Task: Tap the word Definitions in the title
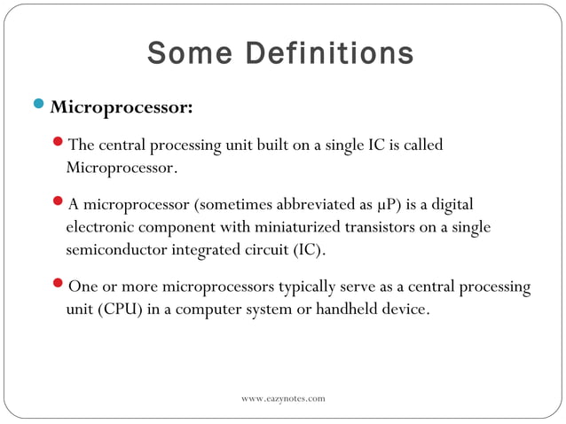pyautogui.click(x=328, y=53)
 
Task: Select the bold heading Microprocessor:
pyautogui.click(x=122, y=108)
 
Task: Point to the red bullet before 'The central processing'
pyautogui.click(x=59, y=143)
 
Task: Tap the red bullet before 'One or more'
pyautogui.click(x=59, y=286)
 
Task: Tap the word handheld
pyautogui.click(x=334, y=310)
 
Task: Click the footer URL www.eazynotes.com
pyautogui.click(x=283, y=399)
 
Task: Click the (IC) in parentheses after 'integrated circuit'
pyautogui.click(x=308, y=250)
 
